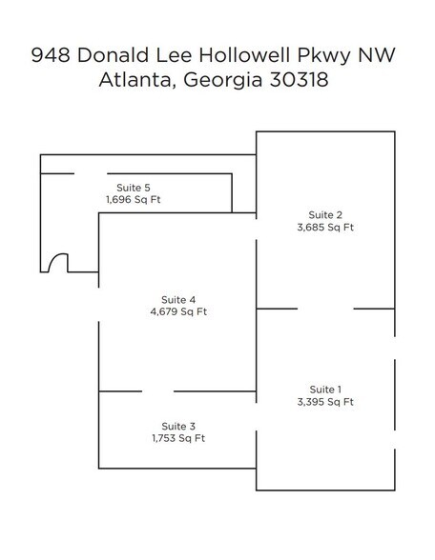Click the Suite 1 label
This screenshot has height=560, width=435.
click(325, 389)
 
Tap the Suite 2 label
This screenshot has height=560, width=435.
click(325, 213)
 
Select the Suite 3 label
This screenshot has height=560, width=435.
click(178, 426)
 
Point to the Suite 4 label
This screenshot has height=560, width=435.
click(178, 299)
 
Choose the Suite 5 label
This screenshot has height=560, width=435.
click(134, 188)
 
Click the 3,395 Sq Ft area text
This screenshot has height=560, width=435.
click(325, 402)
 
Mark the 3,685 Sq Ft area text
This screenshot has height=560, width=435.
click(325, 228)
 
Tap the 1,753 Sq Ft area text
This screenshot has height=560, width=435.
click(178, 439)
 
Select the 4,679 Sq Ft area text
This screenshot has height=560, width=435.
click(178, 312)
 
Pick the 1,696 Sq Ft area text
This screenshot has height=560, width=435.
click(134, 200)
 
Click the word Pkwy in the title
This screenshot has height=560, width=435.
click(328, 56)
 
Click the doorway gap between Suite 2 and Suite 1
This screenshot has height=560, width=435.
click(326, 309)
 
